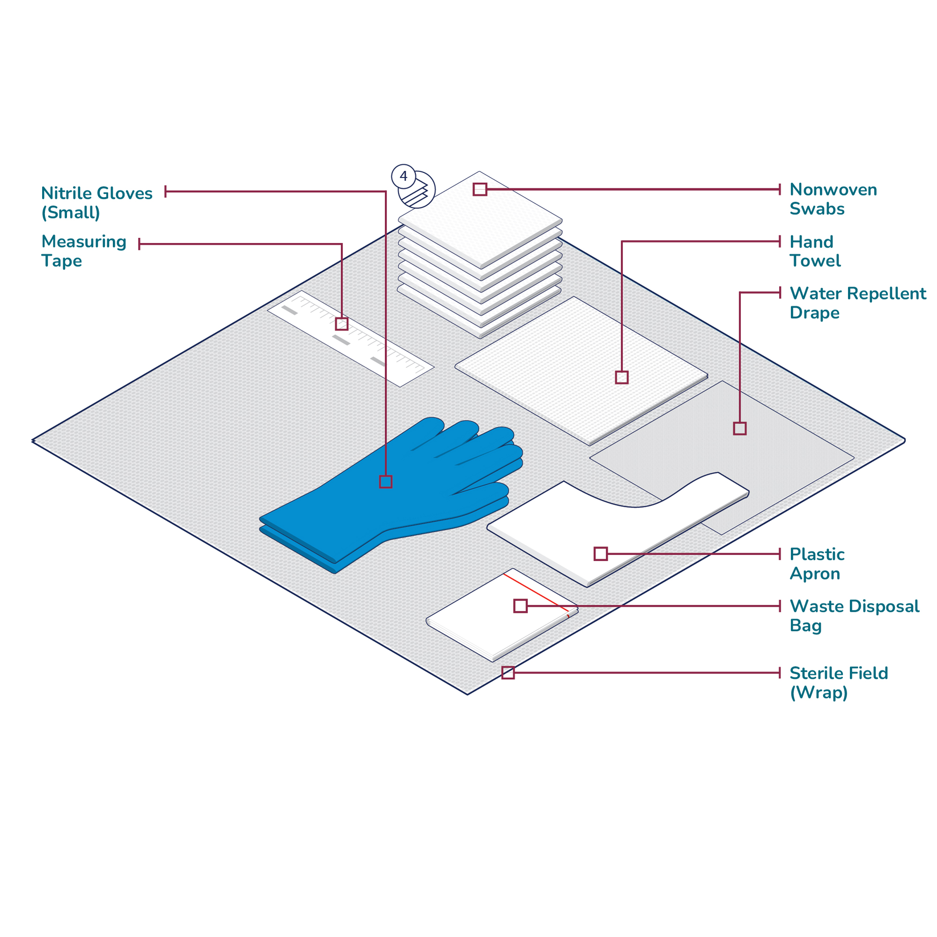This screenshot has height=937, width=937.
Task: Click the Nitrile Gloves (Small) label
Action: (x=97, y=203)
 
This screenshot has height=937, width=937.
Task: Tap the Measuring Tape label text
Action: (x=83, y=251)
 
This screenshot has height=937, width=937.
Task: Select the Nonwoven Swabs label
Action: (x=833, y=199)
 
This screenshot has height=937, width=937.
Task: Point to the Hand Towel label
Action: (x=815, y=251)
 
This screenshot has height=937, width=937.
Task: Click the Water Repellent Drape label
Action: (x=857, y=303)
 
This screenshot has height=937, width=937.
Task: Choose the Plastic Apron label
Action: (x=817, y=564)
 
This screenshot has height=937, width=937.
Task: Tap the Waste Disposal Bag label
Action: (x=854, y=616)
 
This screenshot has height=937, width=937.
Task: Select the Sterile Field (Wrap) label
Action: (x=839, y=683)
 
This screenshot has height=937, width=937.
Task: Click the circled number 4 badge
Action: (x=403, y=176)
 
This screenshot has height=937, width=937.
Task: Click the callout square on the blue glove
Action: (x=386, y=482)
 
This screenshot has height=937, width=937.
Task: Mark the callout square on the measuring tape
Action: (x=342, y=324)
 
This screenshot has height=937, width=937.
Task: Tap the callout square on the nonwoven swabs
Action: (x=480, y=189)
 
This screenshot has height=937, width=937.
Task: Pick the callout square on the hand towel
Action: (x=622, y=377)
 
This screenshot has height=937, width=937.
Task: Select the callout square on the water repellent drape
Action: (x=740, y=428)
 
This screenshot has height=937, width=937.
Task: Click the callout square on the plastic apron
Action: (x=601, y=554)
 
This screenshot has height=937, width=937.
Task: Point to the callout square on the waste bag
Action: (x=521, y=606)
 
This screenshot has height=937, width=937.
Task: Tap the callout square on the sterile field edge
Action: (x=508, y=673)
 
